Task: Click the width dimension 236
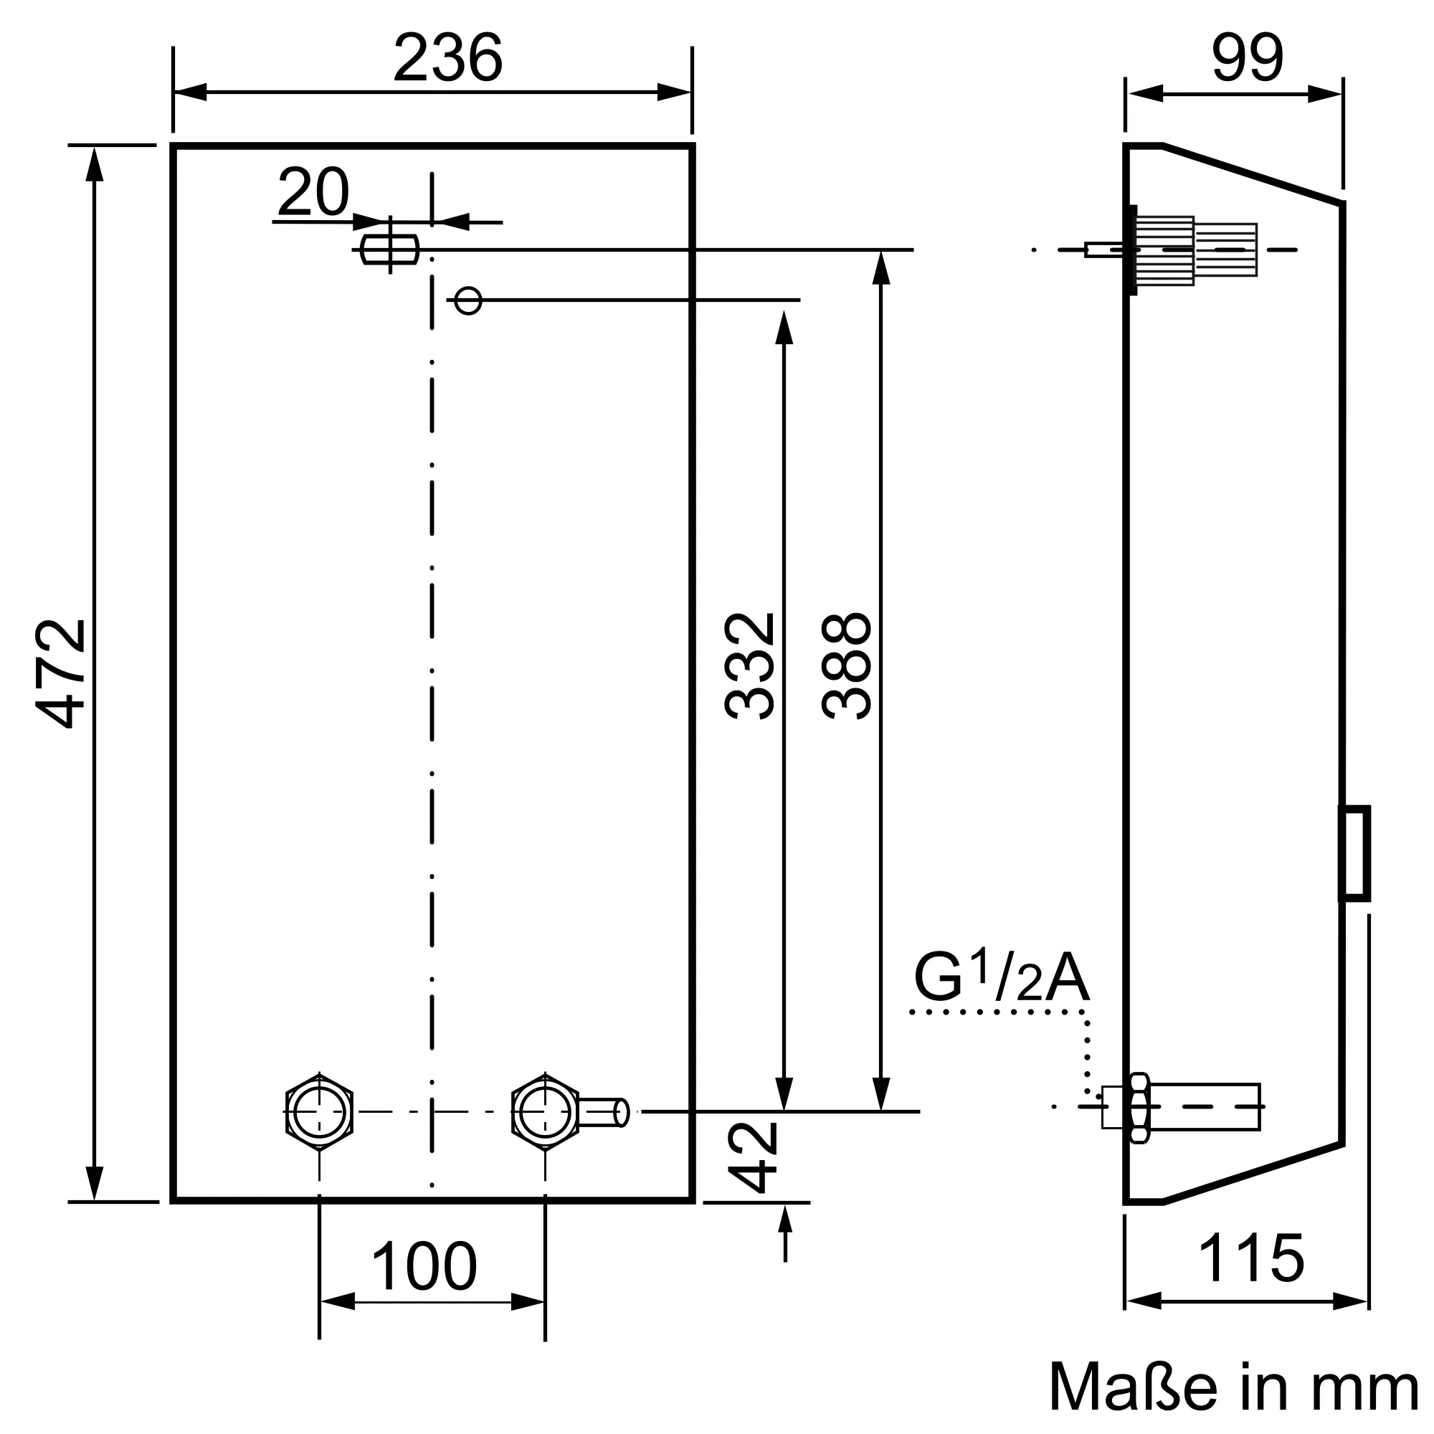tap(447, 57)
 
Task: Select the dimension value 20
tap(313, 191)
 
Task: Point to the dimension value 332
tap(750, 666)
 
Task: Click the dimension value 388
tap(846, 666)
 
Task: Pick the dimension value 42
tap(752, 1157)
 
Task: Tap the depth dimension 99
tap(1247, 57)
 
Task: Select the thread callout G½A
tap(1001, 977)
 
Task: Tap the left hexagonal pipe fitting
tap(319, 1111)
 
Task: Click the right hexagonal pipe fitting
tap(546, 1111)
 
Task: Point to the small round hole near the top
tap(467, 300)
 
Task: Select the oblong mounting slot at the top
tap(389, 250)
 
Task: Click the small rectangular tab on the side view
tap(1354, 853)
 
